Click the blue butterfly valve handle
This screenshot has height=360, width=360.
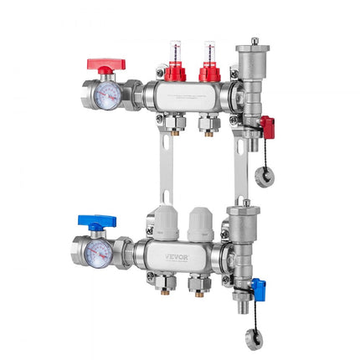(99, 222)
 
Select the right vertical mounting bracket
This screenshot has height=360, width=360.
(240, 167)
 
